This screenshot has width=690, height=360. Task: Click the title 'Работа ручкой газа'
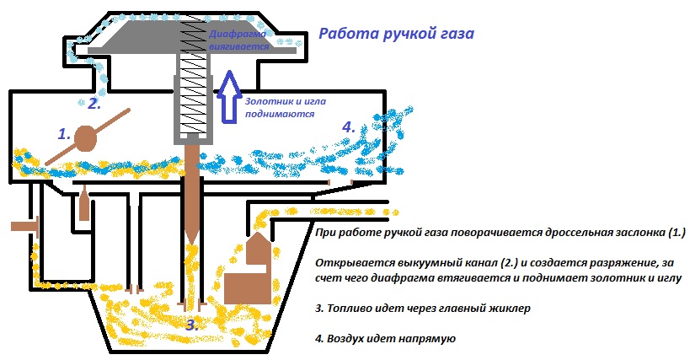[x=396, y=35]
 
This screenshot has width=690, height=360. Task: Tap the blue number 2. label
[x=94, y=104]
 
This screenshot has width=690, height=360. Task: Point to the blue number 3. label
[x=192, y=324]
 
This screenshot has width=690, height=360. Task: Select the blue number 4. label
[x=348, y=127]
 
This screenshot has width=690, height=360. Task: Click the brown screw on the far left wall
[x=23, y=226]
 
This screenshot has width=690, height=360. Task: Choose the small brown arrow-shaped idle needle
[x=84, y=204]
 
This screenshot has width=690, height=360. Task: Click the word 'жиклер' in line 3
[x=506, y=308]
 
